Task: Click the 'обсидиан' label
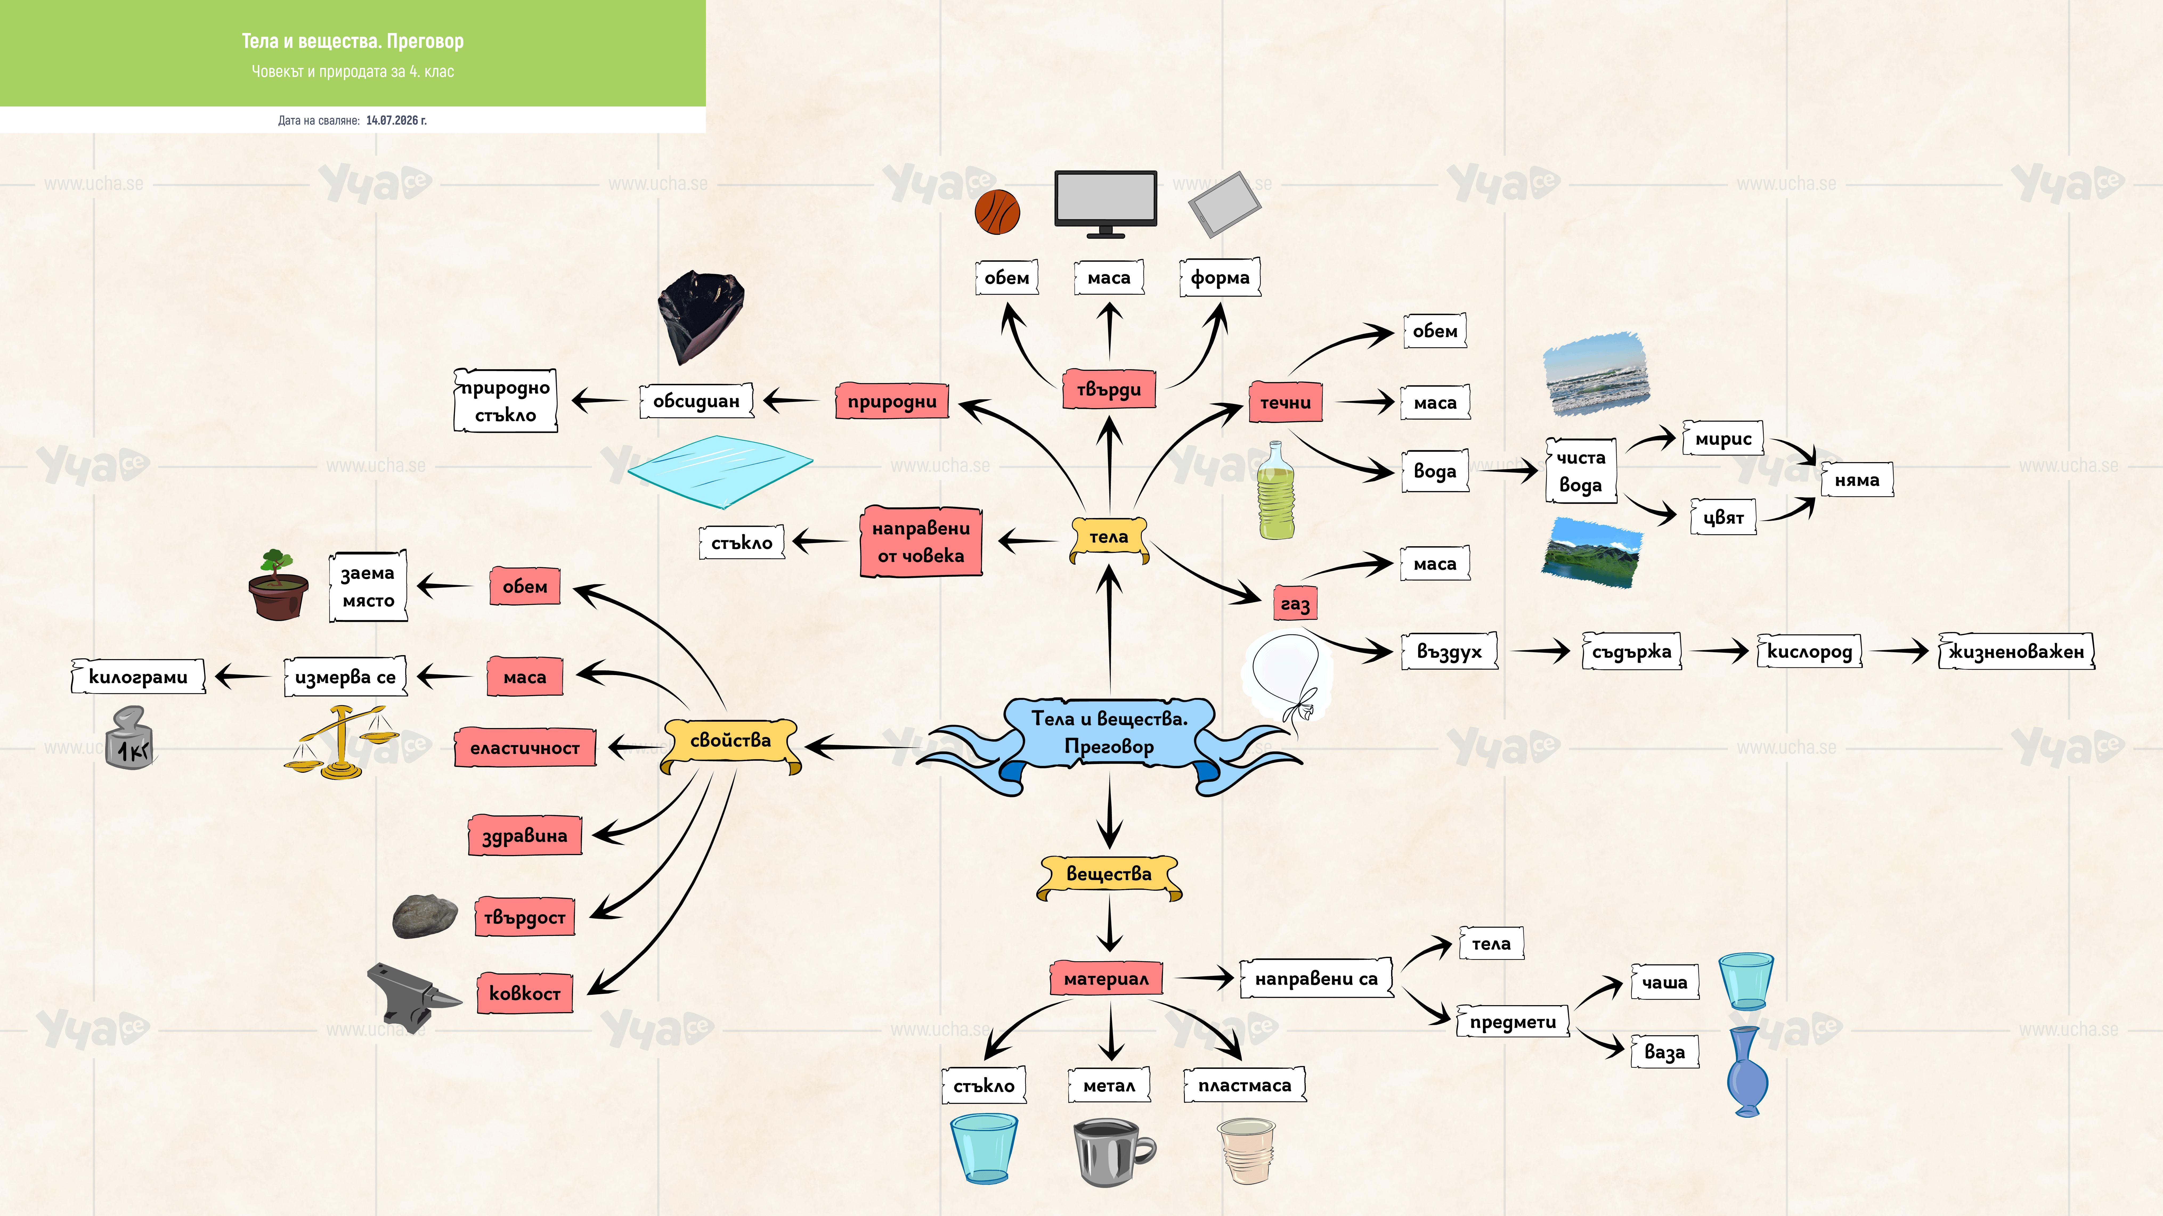pyautogui.click(x=696, y=401)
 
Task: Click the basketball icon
pyautogui.click(x=998, y=211)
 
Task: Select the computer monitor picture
pyautogui.click(x=1106, y=204)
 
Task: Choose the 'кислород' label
pyautogui.click(x=1810, y=651)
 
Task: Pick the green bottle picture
pyautogui.click(x=1275, y=490)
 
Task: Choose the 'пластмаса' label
pyautogui.click(x=1245, y=1085)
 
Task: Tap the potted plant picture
pyautogui.click(x=277, y=585)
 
